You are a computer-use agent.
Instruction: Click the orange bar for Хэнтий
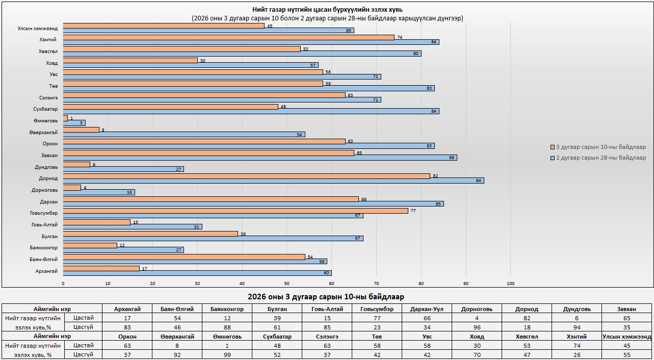pyautogui.click(x=229, y=37)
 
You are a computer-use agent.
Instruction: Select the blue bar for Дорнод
pyautogui.click(x=273, y=181)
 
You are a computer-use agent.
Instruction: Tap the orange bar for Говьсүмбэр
pyautogui.click(x=236, y=210)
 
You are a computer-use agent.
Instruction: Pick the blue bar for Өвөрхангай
pyautogui.click(x=184, y=134)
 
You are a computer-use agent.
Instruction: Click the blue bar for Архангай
pyautogui.click(x=197, y=273)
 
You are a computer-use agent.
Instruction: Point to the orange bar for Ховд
pyautogui.click(x=130, y=60)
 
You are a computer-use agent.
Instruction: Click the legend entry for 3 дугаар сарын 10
pyautogui.click(x=594, y=147)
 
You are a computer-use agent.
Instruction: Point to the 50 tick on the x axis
pyautogui.click(x=286, y=284)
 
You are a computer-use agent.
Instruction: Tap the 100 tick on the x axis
pyautogui.click(x=510, y=284)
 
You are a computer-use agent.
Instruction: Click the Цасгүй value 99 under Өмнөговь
pyautogui.click(x=227, y=355)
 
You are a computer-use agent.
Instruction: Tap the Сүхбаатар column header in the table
pyautogui.click(x=277, y=337)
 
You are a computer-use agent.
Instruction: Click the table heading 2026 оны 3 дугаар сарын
pyautogui.click(x=326, y=296)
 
